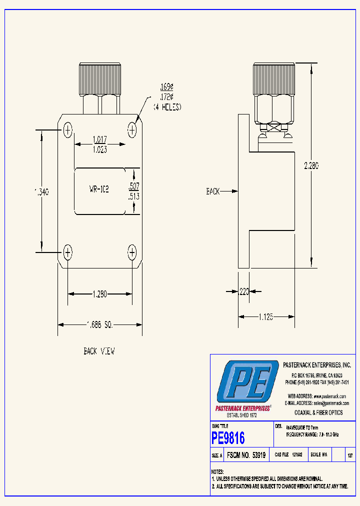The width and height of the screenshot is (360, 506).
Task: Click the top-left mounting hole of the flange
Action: (x=68, y=130)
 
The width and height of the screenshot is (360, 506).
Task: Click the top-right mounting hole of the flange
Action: (x=132, y=130)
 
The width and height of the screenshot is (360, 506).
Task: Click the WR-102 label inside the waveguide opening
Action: (x=99, y=189)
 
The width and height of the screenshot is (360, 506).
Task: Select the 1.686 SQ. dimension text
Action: (x=99, y=325)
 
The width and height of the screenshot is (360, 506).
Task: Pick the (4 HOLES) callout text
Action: (x=167, y=107)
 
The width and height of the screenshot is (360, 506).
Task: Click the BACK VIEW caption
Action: (x=99, y=351)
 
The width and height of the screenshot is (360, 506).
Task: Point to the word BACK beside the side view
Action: (x=213, y=191)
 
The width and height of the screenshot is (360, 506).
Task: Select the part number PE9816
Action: (x=228, y=438)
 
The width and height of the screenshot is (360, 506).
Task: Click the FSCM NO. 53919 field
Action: (x=246, y=455)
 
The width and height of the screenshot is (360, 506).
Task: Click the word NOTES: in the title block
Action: (x=217, y=471)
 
